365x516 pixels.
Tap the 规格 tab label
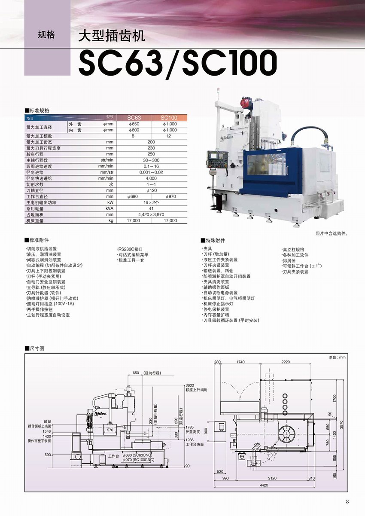pos(46,35)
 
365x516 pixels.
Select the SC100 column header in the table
pos(169,118)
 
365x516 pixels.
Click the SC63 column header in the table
pos(134,118)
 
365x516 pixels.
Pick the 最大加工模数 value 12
pos(169,136)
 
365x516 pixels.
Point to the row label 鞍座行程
pos(35,154)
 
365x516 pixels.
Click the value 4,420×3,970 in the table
pos(151,214)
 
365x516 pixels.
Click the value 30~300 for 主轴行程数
pos(151,160)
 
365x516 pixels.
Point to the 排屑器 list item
pos(289,260)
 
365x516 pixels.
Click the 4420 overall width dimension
pos(264,485)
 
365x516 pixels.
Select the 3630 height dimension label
pos(190,385)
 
